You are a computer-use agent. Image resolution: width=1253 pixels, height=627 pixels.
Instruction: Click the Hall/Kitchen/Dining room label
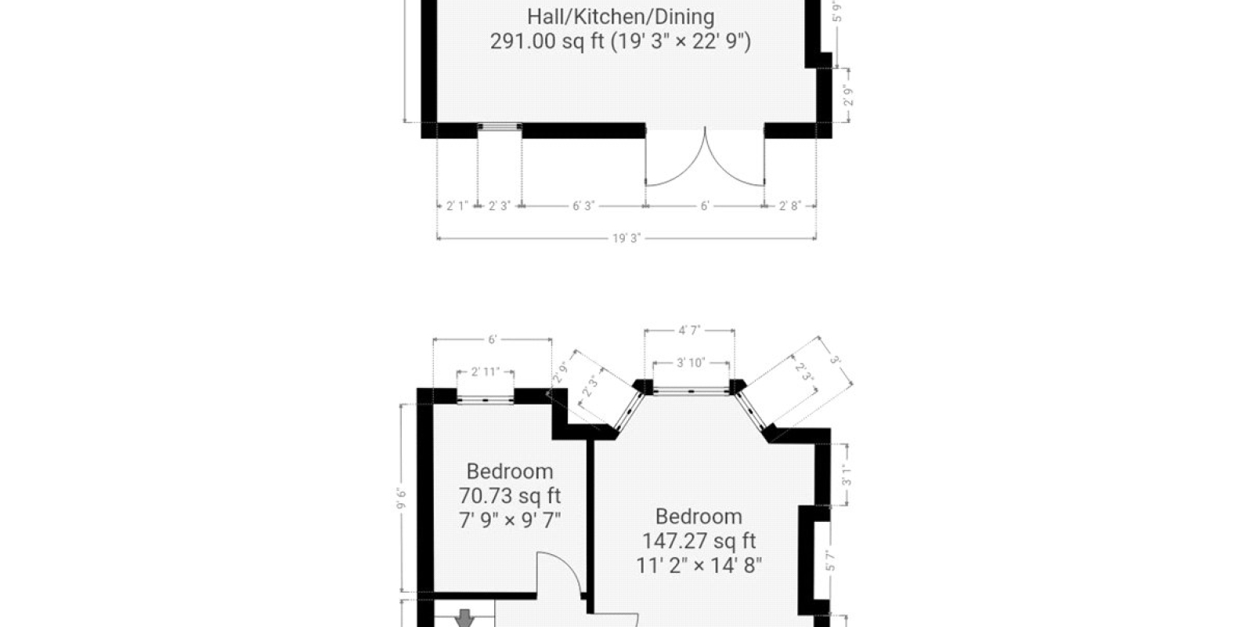pos(620,17)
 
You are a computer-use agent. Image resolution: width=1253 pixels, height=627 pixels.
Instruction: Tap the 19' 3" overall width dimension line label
pos(626,238)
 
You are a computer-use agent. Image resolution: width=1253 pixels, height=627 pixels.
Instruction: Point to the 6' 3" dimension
pos(583,206)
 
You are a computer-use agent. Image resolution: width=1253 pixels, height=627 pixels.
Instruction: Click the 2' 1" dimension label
pos(457,206)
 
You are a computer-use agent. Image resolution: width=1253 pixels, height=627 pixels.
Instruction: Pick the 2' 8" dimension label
pos(790,206)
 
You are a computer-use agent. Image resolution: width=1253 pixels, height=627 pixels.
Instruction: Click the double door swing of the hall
pos(705,160)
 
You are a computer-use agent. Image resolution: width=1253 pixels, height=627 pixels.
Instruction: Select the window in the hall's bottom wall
pos(500,128)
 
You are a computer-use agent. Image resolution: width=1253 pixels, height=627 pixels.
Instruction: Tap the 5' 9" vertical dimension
pos(837,11)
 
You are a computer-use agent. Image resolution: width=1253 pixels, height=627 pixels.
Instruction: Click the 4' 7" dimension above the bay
pos(689,330)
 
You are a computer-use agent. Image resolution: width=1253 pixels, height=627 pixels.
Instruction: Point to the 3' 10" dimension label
pos(691,363)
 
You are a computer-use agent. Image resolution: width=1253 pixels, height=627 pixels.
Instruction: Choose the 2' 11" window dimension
pos(485,371)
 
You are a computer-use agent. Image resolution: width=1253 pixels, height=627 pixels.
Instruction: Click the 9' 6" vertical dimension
pos(401,498)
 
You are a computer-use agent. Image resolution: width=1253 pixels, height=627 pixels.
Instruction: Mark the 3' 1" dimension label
pos(847,475)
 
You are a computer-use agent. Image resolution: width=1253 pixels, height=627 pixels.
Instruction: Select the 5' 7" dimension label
pos(831,560)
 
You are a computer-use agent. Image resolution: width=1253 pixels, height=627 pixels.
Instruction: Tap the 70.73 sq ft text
pos(510,496)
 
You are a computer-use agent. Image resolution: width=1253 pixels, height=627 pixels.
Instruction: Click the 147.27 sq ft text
pos(699,541)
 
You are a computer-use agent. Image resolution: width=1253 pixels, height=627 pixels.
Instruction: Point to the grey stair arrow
pos(464,618)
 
